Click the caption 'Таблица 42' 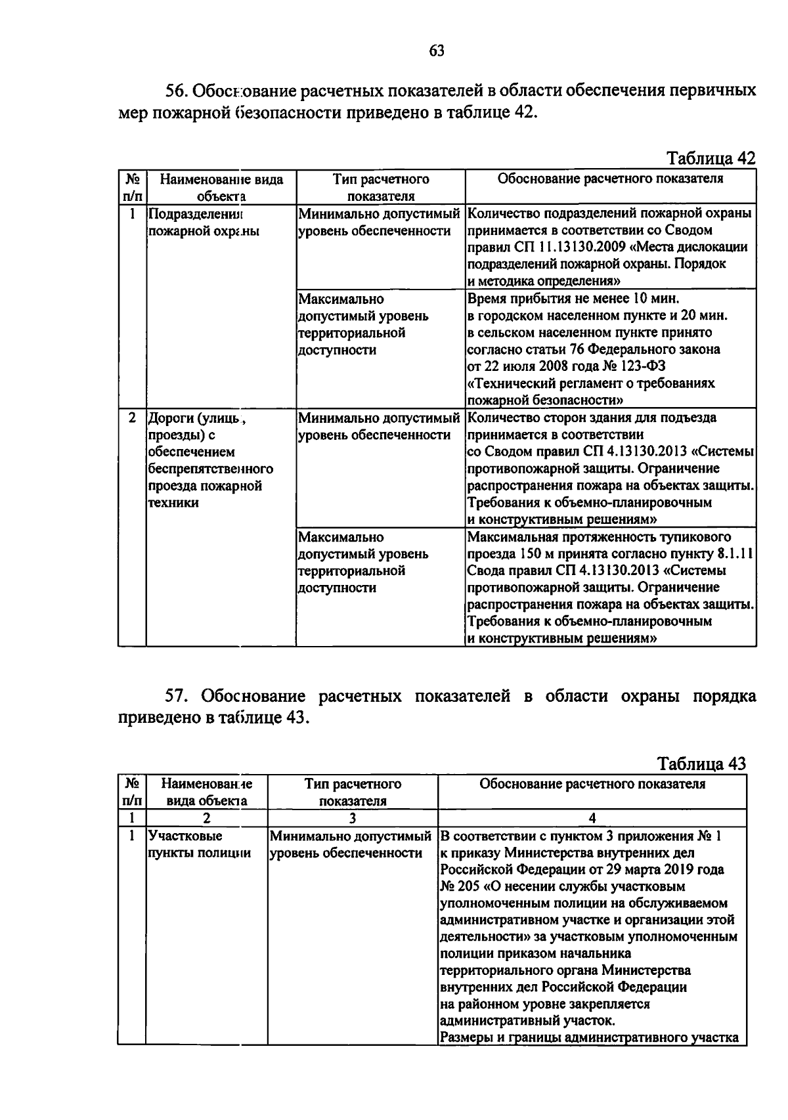pyautogui.click(x=711, y=158)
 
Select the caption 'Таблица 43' pyautogui.click(x=701, y=764)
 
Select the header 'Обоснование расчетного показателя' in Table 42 pyautogui.click(x=610, y=179)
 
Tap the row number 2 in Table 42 pyautogui.click(x=132, y=418)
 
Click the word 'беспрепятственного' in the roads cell pyautogui.click(x=210, y=469)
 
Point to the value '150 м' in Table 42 pyautogui.click(x=539, y=553)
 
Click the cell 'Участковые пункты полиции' pyautogui.click(x=200, y=844)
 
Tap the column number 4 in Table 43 pyautogui.click(x=592, y=818)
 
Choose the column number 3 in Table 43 pyautogui.click(x=352, y=818)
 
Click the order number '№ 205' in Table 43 pyautogui.click(x=460, y=886)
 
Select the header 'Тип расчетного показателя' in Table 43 pyautogui.click(x=353, y=792)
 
